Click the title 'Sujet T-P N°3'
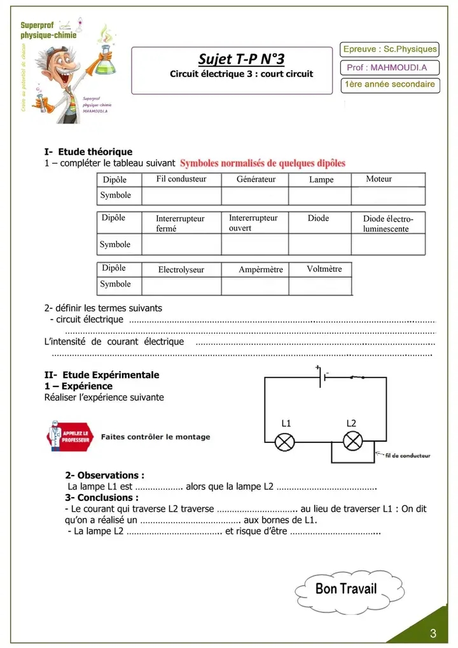(241, 59)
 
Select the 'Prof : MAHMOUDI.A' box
(391, 67)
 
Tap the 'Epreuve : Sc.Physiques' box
(390, 49)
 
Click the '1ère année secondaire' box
(390, 85)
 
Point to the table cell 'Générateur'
(256, 180)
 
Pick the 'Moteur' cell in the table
(379, 180)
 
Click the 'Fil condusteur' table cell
(181, 180)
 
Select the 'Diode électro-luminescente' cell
(388, 223)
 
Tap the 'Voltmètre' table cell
(324, 269)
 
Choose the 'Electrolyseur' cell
(181, 270)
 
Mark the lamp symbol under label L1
(285, 442)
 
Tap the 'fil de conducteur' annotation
(408, 456)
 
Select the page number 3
(433, 633)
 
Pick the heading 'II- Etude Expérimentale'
(102, 375)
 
